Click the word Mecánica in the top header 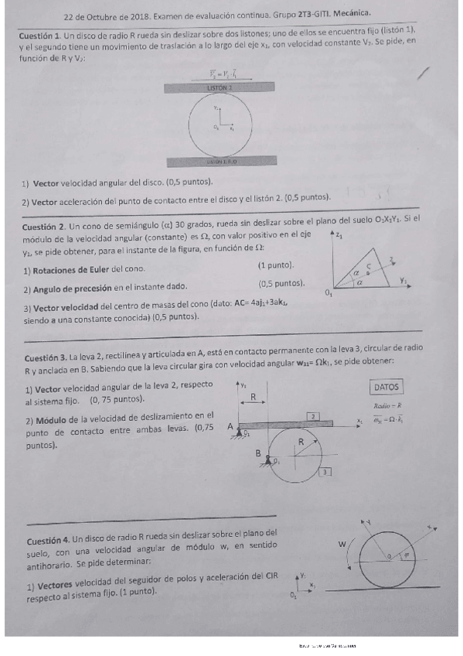click(349, 13)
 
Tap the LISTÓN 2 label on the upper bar click(220, 88)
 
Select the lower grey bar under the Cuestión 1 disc click(222, 162)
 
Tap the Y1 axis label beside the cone click(403, 281)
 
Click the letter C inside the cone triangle click(368, 265)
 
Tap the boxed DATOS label click(386, 386)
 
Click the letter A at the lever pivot click(230, 426)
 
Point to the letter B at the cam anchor click(258, 453)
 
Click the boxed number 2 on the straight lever click(313, 416)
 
